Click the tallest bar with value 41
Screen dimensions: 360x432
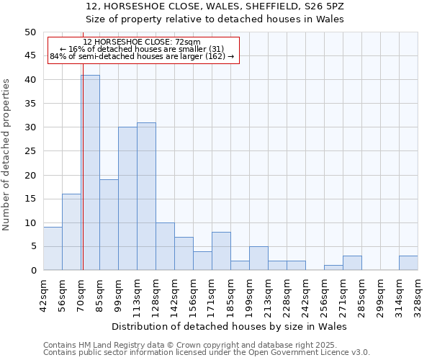coord(90,173)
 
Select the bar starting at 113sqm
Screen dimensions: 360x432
coord(146,197)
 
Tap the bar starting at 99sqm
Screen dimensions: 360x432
coord(127,199)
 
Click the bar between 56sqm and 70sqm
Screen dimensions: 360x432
coord(71,232)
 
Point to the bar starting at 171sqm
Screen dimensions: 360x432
coord(221,251)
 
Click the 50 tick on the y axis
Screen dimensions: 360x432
coord(30,32)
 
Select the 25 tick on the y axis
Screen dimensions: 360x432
coord(30,151)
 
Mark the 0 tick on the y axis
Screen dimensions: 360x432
coord(33,271)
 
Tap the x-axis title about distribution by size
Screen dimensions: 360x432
coord(230,327)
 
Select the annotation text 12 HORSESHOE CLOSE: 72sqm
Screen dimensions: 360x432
coord(142,42)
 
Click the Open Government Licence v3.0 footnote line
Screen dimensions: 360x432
coord(207,352)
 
